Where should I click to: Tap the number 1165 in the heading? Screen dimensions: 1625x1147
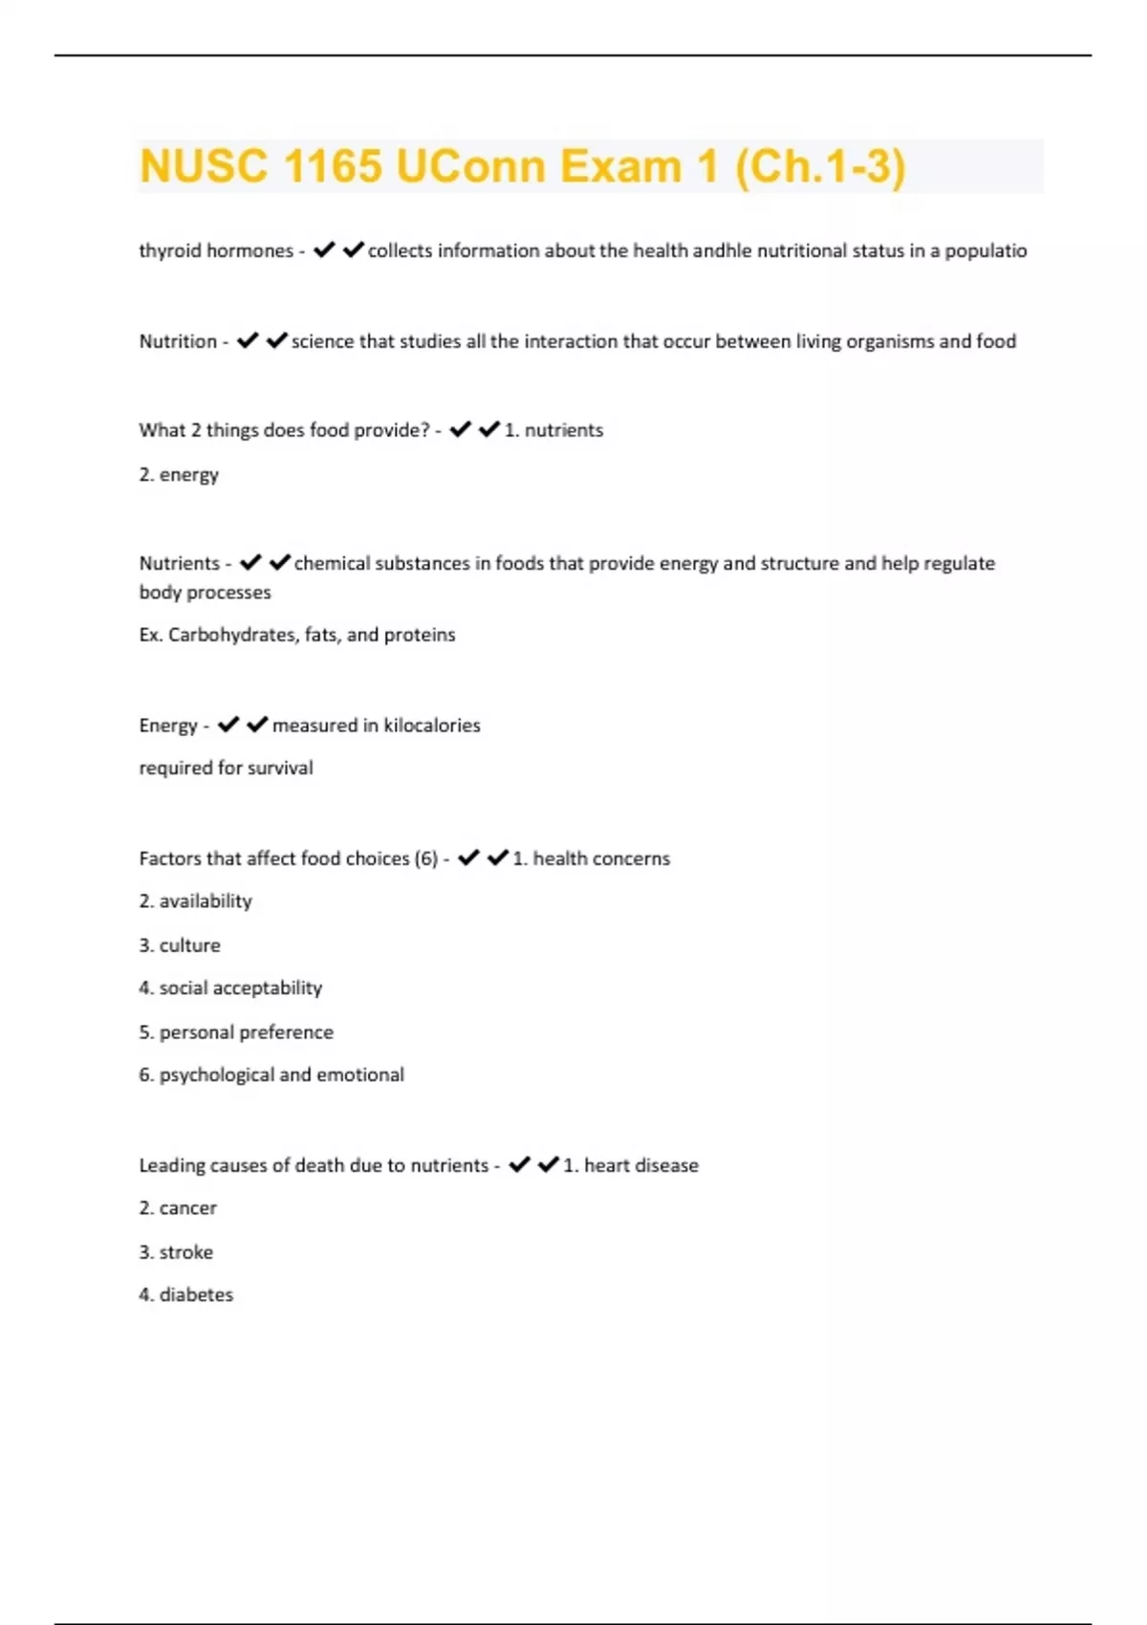click(x=332, y=166)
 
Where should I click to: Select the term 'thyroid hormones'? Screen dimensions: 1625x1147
click(x=216, y=250)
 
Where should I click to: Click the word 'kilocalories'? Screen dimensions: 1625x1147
click(x=432, y=726)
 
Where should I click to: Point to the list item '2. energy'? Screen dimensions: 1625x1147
click(x=179, y=474)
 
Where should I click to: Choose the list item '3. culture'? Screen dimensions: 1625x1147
click(x=180, y=945)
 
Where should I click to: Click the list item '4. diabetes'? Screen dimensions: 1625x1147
click(x=185, y=1294)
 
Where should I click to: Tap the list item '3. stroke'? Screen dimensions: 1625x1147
click(x=176, y=1252)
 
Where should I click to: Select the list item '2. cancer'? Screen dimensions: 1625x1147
click(x=178, y=1208)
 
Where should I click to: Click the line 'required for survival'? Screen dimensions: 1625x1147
click(x=226, y=768)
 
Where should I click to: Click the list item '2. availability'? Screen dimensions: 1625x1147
click(x=195, y=901)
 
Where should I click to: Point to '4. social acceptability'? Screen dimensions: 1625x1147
click(x=230, y=987)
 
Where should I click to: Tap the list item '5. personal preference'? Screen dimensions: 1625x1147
click(x=236, y=1032)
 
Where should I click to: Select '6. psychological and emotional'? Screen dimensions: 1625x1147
click(x=271, y=1074)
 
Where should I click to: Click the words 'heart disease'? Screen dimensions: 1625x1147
click(x=640, y=1165)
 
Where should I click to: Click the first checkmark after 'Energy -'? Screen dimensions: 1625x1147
click(x=227, y=725)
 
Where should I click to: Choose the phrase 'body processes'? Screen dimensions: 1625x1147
click(x=205, y=593)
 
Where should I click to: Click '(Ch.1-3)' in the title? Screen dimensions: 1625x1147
click(x=819, y=166)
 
